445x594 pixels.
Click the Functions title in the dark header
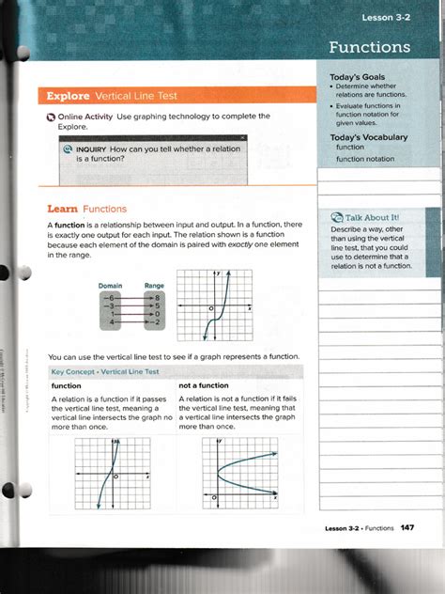tap(369, 46)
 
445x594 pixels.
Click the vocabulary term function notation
tap(365, 159)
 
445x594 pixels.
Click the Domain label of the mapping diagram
tap(111, 285)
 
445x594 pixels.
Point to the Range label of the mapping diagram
tap(155, 285)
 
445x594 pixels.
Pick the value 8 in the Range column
tap(159, 296)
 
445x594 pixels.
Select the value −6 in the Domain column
tap(110, 296)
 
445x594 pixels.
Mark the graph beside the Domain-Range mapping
tap(214, 305)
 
